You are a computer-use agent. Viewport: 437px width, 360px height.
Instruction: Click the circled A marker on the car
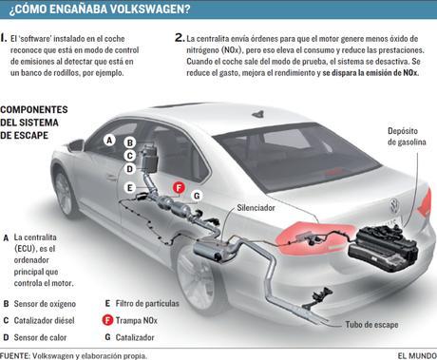109,140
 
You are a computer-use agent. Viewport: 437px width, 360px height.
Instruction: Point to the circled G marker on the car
196,196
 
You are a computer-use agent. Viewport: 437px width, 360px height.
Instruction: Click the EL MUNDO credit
411,353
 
